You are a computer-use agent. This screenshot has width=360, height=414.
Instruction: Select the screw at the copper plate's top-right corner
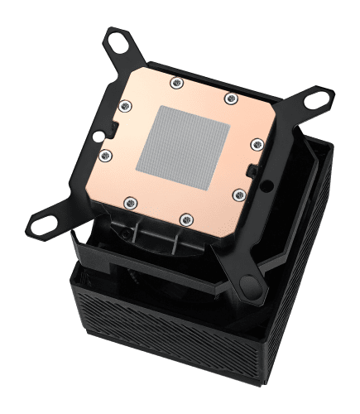tap(229, 99)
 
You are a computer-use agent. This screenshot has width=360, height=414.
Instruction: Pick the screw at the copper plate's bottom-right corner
tap(238, 195)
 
